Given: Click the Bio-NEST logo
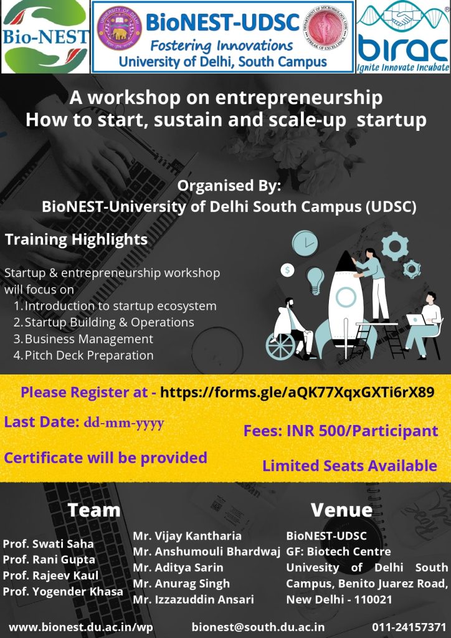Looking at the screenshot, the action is tap(45, 37).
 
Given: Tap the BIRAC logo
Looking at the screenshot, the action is tap(403, 37).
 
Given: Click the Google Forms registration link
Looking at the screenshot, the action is tap(297, 393).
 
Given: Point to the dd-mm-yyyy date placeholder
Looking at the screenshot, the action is tap(123, 423).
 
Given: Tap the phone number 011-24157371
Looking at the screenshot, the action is tap(409, 627).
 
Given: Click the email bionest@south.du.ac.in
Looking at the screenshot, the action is tap(259, 627).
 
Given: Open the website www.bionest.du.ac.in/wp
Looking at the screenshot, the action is tap(81, 627).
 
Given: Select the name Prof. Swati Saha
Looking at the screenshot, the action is tap(49, 543).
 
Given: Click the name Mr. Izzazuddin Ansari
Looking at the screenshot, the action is tap(194, 599).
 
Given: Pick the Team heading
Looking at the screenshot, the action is tap(94, 510).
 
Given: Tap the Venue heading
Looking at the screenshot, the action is tap(341, 510).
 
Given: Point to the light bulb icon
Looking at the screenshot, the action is tap(315, 280).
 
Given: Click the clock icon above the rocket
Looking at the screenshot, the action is tap(305, 244).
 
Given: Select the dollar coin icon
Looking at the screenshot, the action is tap(288, 270).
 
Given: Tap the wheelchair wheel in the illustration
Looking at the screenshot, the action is tap(281, 345).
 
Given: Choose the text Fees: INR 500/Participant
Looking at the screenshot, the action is tap(341, 431).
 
